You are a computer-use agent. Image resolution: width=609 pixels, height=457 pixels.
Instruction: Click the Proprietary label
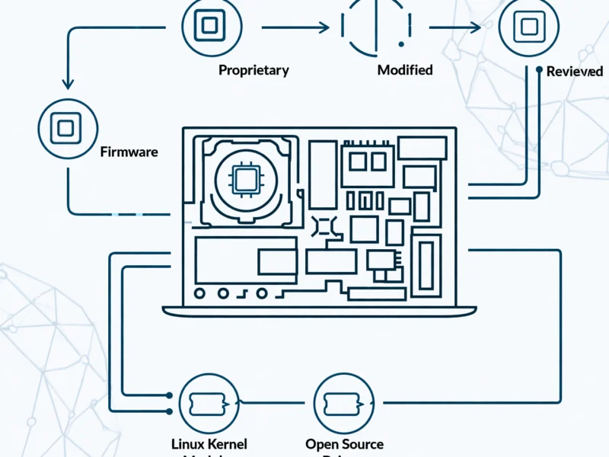pos(253,70)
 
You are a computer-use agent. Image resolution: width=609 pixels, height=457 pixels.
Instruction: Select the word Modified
pos(405,70)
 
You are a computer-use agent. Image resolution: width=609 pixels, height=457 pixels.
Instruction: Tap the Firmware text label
pos(129,152)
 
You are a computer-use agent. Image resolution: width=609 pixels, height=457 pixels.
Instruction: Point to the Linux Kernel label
pos(209,444)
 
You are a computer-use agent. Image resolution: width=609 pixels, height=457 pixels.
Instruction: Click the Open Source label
pos(344,444)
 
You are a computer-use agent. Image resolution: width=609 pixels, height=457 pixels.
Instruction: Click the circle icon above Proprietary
pos(206,27)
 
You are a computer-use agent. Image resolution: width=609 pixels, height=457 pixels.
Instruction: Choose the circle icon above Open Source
pos(344,403)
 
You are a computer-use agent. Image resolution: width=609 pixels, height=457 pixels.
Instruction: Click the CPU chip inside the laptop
pos(245,180)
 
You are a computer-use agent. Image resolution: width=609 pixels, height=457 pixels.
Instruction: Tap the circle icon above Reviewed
pos(527,28)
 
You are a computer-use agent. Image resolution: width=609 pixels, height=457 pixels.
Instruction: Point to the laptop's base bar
pos(319,310)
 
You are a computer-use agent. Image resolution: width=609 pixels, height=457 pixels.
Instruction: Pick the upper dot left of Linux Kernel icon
pos(168,395)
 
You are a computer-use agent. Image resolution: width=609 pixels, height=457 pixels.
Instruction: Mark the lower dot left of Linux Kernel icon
pos(168,411)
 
